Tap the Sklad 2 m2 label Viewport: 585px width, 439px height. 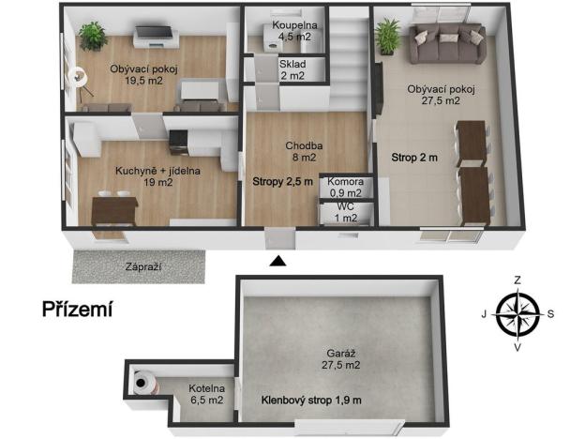(291, 69)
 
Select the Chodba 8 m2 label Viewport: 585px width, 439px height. (304, 152)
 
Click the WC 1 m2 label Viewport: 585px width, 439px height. (345, 212)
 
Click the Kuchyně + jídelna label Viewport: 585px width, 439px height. (143, 176)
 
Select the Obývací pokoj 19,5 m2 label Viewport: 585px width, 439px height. (143, 74)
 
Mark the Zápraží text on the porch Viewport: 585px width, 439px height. (143, 267)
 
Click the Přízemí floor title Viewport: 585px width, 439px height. (77, 309)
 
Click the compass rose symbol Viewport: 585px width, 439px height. (517, 313)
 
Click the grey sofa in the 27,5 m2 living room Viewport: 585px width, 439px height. (445, 44)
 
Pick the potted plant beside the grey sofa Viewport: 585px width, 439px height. (386, 37)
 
